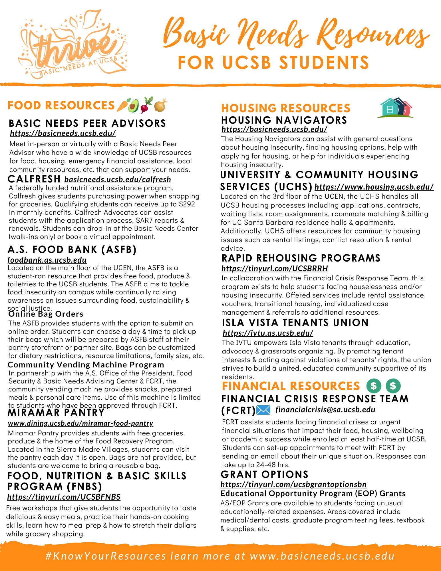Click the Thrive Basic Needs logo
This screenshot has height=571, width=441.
[73, 46]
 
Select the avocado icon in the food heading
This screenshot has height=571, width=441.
[133, 106]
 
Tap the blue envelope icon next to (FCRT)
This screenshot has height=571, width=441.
[263, 410]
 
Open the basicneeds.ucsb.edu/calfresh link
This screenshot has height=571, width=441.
[118, 179]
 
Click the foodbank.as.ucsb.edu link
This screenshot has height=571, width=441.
[47, 260]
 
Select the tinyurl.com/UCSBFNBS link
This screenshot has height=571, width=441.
[64, 497]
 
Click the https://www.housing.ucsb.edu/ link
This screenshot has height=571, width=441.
[374, 187]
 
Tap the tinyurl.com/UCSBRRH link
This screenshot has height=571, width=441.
[275, 268]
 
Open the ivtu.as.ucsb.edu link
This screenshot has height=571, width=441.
[268, 333]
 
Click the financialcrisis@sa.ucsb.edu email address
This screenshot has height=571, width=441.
[325, 410]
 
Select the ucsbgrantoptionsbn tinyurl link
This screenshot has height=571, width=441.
[293, 484]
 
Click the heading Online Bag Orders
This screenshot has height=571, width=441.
[46, 314]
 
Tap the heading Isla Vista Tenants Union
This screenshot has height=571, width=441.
[295, 323]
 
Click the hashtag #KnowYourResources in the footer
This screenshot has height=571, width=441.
[106, 556]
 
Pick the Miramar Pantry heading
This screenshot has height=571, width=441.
[56, 413]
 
